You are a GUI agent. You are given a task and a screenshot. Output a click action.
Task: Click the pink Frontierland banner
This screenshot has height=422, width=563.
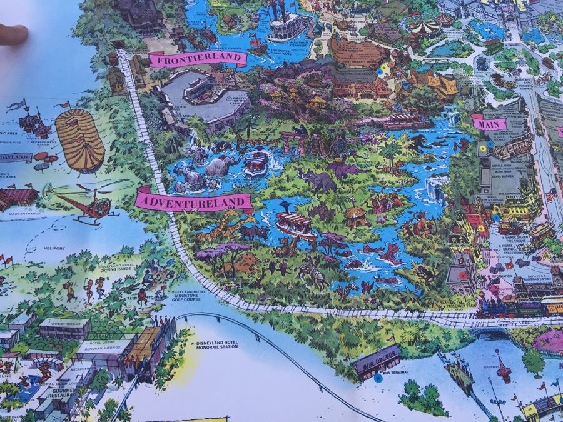point(197,61)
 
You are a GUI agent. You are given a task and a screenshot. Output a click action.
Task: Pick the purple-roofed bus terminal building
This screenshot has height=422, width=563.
point(376,361)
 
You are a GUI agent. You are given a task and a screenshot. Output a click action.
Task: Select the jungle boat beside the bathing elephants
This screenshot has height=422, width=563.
point(255,164)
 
